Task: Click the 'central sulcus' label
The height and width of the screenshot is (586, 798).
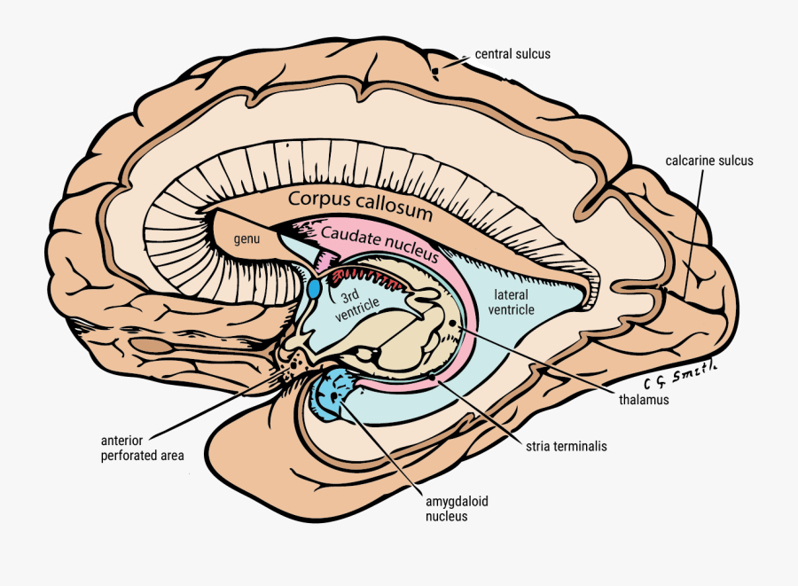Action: [512, 54]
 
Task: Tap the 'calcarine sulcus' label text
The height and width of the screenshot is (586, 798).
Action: [708, 160]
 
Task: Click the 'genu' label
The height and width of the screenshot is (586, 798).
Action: [246, 239]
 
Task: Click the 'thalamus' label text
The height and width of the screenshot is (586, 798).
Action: [643, 400]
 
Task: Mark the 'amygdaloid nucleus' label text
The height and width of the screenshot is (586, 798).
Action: [457, 508]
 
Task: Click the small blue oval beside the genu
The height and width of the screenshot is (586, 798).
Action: [314, 289]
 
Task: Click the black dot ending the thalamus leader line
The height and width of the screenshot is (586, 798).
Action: [453, 325]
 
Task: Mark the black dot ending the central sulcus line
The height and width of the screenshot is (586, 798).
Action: [435, 70]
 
